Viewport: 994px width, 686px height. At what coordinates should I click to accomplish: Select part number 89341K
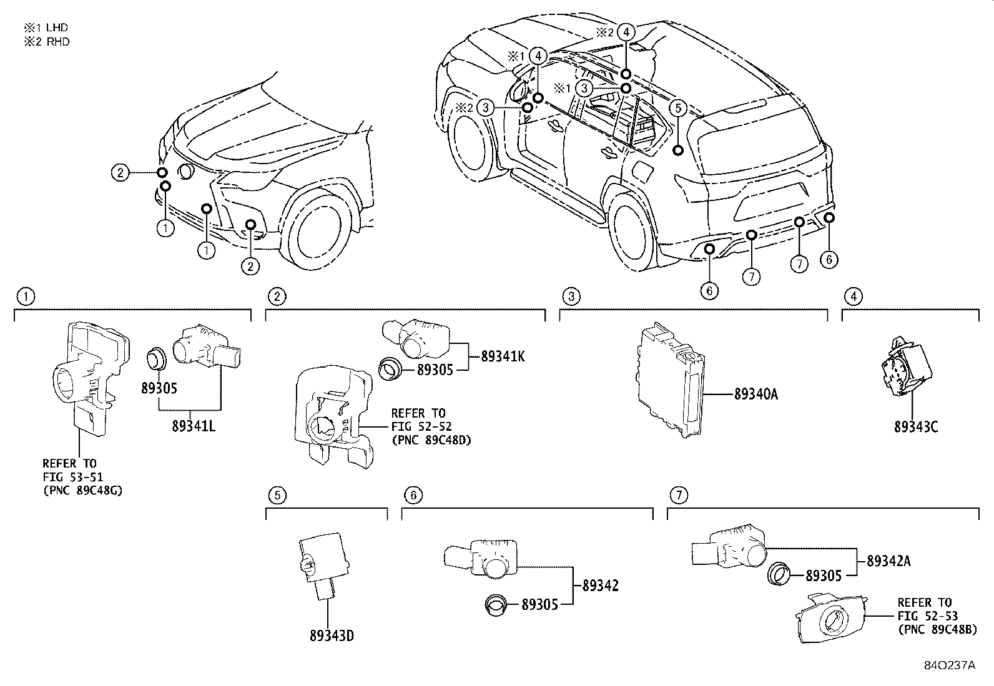point(503,356)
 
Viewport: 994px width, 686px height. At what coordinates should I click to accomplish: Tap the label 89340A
point(755,394)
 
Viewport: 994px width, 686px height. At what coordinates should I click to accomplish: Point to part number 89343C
point(915,427)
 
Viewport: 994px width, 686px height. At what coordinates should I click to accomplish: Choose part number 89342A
point(888,561)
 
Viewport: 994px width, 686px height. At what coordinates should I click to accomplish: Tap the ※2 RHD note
point(46,42)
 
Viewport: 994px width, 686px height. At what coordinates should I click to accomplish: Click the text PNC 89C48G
point(82,490)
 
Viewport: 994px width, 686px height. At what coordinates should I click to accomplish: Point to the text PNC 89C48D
point(431,440)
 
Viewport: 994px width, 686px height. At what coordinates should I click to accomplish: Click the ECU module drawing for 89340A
point(669,381)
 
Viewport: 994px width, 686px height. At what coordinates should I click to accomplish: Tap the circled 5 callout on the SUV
point(679,108)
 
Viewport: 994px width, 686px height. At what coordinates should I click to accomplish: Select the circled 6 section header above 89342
point(413,495)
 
